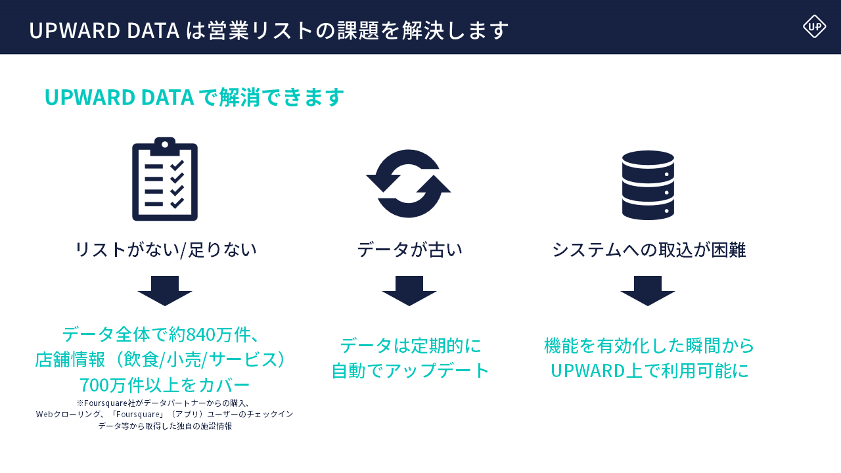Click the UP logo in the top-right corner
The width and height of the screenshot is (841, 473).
coord(814,26)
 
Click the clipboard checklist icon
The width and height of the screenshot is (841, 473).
coord(165,179)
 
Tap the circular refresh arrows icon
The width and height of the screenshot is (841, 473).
coord(409,183)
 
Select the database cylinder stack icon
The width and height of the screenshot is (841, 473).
coord(648,185)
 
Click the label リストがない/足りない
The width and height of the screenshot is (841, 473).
coord(166,250)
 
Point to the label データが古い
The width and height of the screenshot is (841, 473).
coord(409,250)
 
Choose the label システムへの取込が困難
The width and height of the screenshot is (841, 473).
coord(648,250)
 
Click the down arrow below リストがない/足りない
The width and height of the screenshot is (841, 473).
coord(165,290)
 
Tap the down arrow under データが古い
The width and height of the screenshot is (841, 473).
coord(409,290)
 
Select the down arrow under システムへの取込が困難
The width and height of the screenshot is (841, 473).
coord(648,290)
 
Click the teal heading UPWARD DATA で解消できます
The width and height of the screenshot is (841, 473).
coord(194,97)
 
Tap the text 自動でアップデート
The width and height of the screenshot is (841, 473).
coord(410,371)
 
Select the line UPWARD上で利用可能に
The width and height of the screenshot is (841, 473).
coord(649,371)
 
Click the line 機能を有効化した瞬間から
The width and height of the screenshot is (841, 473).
coord(649,346)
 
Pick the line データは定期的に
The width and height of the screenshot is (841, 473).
coord(410,346)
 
